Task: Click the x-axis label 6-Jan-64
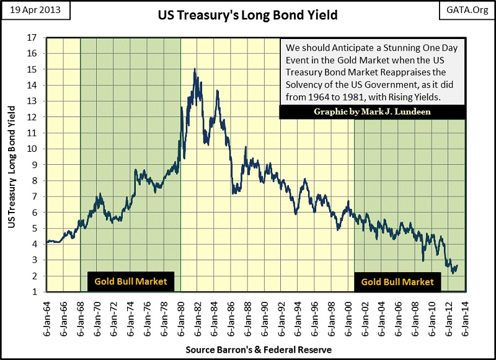pos(47,316)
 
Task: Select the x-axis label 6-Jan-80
pos(180,316)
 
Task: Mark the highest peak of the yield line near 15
pos(195,69)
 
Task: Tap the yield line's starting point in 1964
pos(47,242)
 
